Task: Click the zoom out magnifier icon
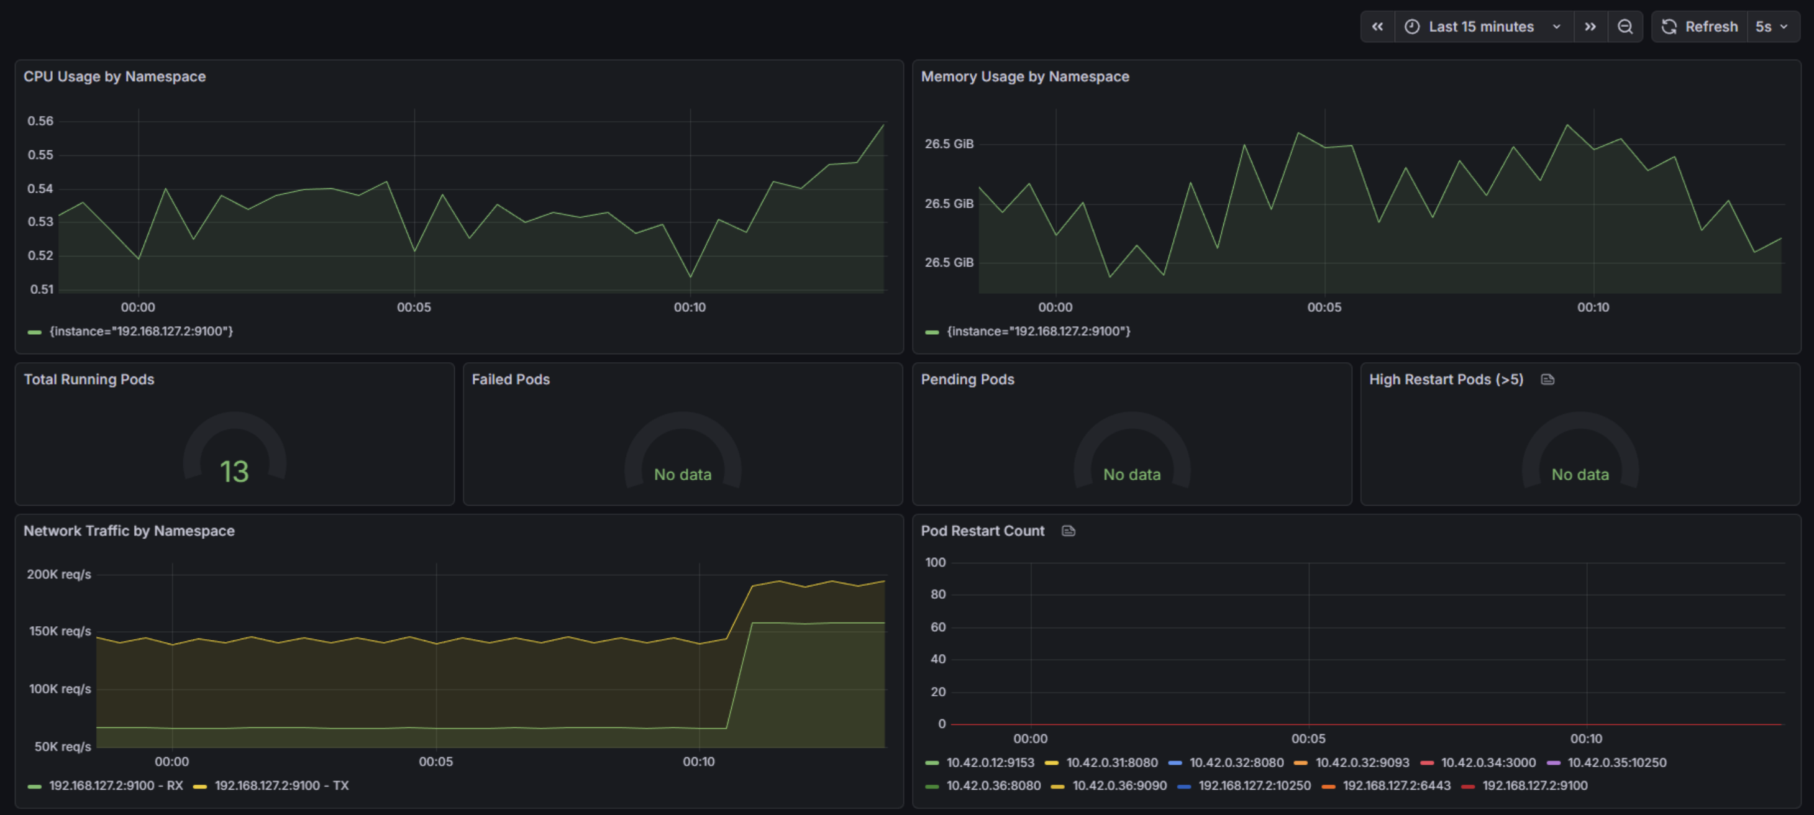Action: coord(1625,27)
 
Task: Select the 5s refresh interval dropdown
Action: coord(1771,27)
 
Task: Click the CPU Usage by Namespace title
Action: coord(115,77)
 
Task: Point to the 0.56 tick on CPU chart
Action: coord(40,121)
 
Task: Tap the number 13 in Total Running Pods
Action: coord(234,471)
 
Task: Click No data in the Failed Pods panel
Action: coord(682,475)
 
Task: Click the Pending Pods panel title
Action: coord(967,380)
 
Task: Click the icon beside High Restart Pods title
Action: coord(1547,380)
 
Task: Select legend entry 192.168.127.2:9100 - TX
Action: coord(281,785)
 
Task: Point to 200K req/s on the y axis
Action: coord(59,575)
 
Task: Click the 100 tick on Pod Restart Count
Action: coord(935,562)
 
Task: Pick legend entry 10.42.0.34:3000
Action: coord(1487,763)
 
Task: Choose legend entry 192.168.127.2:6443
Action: coord(1396,785)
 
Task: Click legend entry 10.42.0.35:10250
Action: coord(1616,763)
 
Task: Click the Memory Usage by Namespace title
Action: coord(1024,77)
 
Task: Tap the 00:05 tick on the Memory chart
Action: coord(1324,307)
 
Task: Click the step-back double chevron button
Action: coord(1377,27)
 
